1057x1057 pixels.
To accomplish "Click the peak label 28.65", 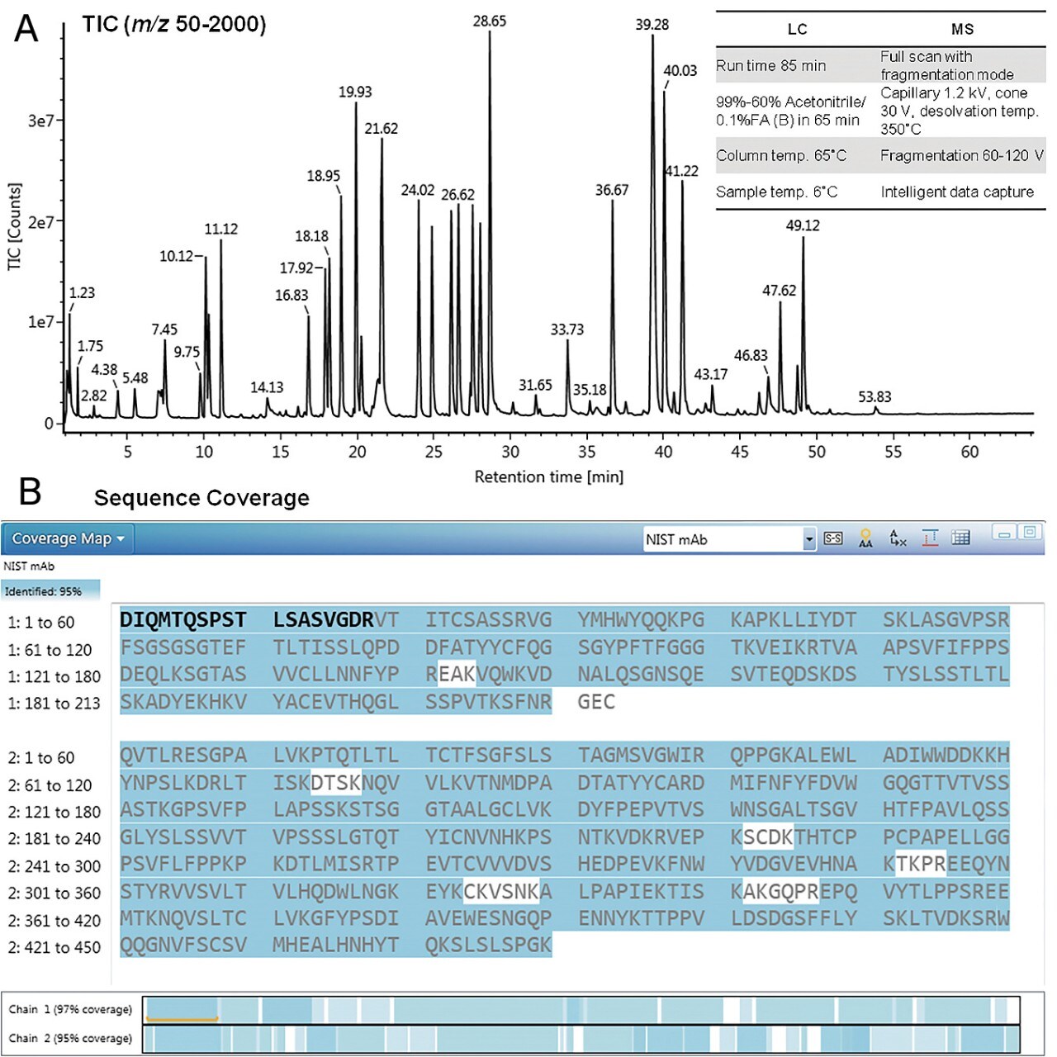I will (x=489, y=21).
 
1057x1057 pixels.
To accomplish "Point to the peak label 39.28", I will (x=652, y=25).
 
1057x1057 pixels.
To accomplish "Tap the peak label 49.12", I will (x=802, y=225).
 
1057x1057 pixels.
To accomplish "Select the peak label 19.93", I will (x=355, y=92).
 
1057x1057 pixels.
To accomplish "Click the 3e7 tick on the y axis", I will (x=40, y=121).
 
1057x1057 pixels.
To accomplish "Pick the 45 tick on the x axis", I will (x=739, y=452).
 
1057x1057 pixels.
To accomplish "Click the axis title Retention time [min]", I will (x=548, y=476).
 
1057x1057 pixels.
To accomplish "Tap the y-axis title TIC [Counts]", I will (x=14, y=226).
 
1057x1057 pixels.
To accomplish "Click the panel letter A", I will (x=26, y=29).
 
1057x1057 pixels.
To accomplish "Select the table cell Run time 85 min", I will (x=770, y=66).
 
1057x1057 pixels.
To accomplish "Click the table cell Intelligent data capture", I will (x=956, y=192).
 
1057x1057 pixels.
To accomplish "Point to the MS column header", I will (x=962, y=30).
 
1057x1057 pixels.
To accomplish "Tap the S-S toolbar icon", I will (x=833, y=539).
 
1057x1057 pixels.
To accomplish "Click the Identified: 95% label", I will (x=43, y=591).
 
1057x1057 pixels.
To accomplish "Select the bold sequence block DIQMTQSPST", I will (x=183, y=619).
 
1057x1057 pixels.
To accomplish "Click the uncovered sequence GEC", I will (x=595, y=702).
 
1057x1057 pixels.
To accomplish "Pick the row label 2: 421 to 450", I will (x=55, y=948).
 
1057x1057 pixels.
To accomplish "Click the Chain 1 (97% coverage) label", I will (x=70, y=1009).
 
